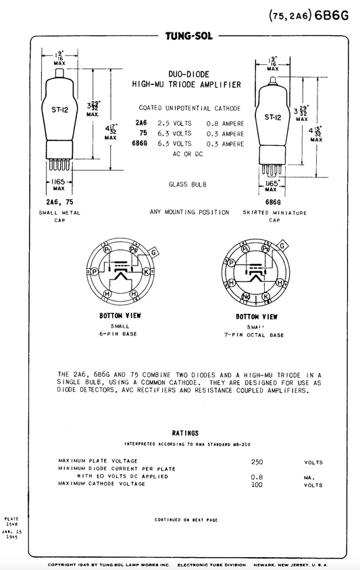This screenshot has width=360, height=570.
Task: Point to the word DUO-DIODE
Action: point(189,74)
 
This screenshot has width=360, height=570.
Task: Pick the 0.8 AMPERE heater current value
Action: point(224,124)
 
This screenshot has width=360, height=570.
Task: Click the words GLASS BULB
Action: point(188,184)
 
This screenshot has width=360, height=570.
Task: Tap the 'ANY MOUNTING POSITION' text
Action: point(189,212)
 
